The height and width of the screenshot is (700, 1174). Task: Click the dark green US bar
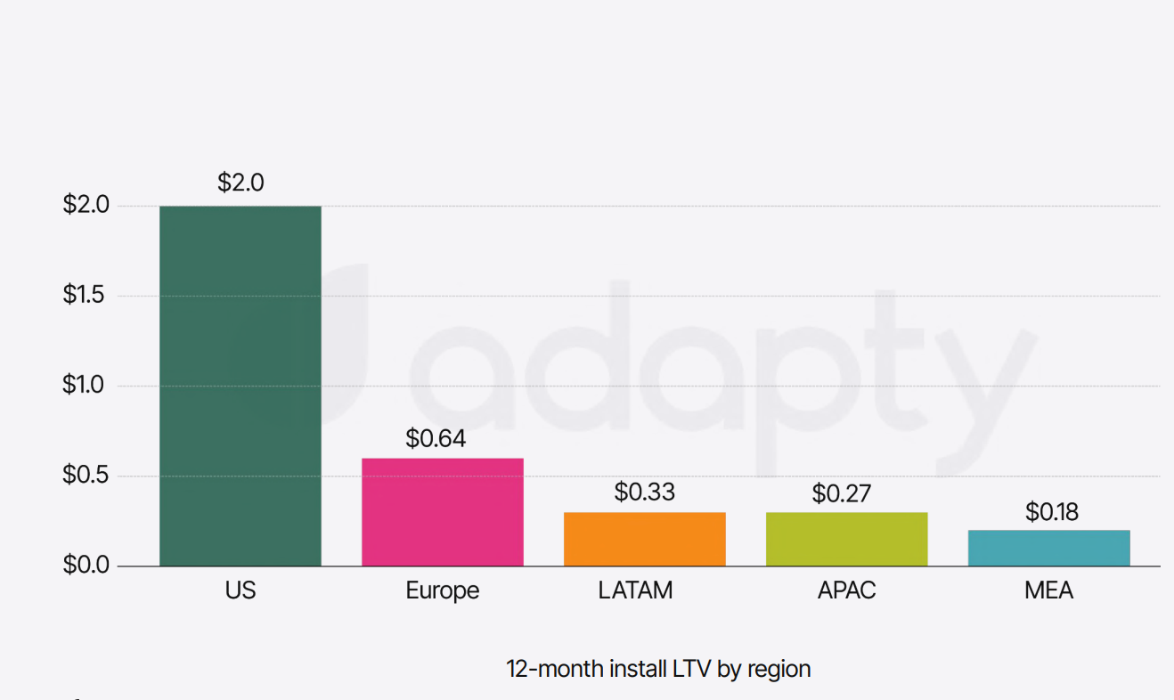(241, 386)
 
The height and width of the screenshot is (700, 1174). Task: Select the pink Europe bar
(442, 512)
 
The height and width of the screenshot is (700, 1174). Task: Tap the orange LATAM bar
(644, 539)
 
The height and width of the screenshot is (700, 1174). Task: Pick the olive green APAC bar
(846, 539)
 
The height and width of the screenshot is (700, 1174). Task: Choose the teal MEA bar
(1048, 548)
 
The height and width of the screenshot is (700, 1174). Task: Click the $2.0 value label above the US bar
(241, 183)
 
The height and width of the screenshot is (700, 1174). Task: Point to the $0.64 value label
(436, 439)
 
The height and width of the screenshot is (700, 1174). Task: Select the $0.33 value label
(644, 492)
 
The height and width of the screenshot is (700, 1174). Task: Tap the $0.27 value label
(841, 493)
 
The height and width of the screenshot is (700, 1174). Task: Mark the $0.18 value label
(1052, 512)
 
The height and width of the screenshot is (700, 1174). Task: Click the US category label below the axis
(241, 590)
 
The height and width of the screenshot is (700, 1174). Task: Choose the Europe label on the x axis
(442, 591)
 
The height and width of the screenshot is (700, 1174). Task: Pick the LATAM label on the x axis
(635, 590)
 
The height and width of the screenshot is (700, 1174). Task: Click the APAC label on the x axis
(846, 590)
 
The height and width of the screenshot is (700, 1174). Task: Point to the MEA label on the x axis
(1048, 590)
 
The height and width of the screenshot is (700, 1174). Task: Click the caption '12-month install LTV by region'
(658, 669)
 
